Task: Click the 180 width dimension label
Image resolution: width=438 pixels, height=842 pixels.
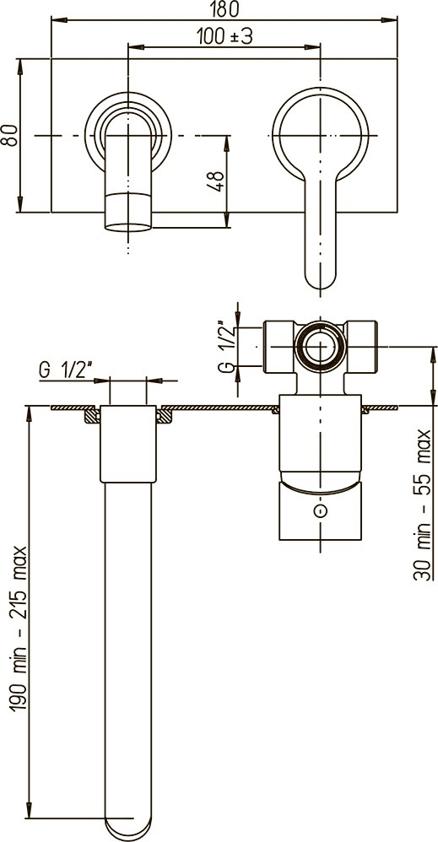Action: point(224,8)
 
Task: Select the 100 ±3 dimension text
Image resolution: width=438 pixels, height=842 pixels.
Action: point(224,36)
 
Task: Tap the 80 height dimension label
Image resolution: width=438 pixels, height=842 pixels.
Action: point(8,135)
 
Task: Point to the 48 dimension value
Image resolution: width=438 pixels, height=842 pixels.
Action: point(217,181)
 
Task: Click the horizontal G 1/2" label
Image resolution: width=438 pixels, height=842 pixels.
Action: point(66,370)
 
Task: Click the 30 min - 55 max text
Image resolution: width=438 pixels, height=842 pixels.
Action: point(424,505)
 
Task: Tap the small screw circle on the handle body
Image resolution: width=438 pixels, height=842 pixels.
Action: point(320,510)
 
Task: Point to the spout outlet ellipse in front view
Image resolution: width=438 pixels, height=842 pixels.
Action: point(128,227)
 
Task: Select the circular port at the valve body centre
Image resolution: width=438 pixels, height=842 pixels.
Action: point(320,347)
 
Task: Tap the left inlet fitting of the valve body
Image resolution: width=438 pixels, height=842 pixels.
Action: point(278,347)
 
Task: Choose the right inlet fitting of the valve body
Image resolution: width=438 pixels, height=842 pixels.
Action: point(361,347)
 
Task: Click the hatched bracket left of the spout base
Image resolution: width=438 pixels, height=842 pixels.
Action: point(92,414)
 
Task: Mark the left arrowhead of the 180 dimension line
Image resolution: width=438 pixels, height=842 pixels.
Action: point(59,20)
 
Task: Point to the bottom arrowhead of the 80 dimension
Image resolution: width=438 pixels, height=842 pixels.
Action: point(20,204)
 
